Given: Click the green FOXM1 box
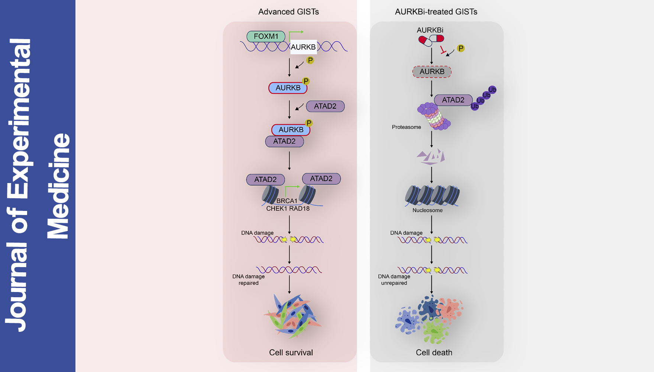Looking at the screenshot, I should (x=266, y=36).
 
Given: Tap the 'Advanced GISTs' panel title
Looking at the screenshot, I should (x=288, y=12).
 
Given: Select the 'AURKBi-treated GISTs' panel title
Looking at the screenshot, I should (x=436, y=12).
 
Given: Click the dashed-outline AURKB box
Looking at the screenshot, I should (x=432, y=71).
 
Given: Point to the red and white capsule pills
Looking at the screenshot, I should (x=431, y=39).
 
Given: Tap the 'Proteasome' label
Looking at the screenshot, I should (x=406, y=127).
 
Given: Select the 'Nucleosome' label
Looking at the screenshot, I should (x=427, y=211).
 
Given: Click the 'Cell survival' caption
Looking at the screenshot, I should (x=291, y=353).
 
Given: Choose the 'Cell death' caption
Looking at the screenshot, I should (x=434, y=353).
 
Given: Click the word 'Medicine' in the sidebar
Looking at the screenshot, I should (x=58, y=186).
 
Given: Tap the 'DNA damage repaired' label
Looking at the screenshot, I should (x=249, y=280).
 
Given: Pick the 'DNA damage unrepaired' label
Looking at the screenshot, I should (x=394, y=280).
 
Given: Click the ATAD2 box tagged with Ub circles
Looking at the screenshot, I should (x=453, y=100).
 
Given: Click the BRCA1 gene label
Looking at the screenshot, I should (x=287, y=201).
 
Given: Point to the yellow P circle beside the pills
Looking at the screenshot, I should (x=461, y=48).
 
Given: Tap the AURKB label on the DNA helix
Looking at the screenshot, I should (x=303, y=47).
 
